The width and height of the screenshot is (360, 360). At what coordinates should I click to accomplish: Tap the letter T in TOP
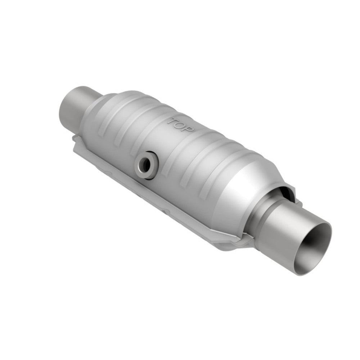[174, 121]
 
